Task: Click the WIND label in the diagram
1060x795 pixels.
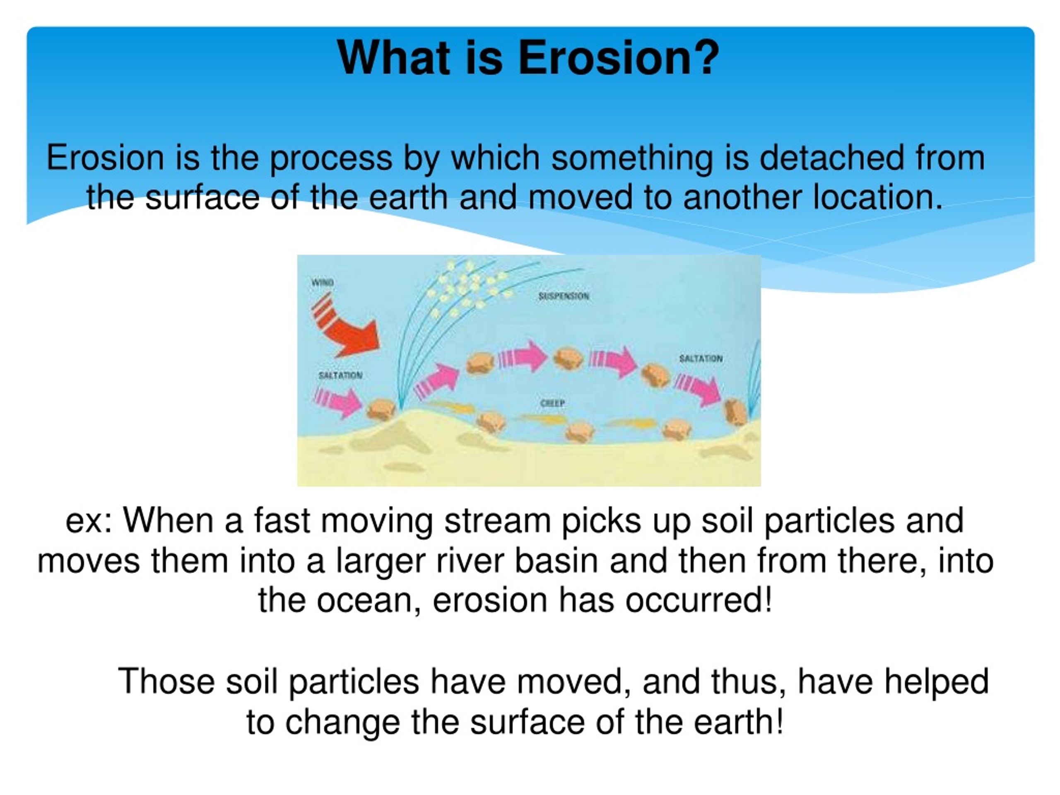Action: point(323,282)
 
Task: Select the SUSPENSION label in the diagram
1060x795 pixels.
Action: point(564,296)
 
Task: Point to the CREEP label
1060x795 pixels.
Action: point(552,403)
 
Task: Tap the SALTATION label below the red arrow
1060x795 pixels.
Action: point(340,375)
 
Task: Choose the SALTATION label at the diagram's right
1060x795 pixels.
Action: point(701,359)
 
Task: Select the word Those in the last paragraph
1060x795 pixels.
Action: point(166,681)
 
